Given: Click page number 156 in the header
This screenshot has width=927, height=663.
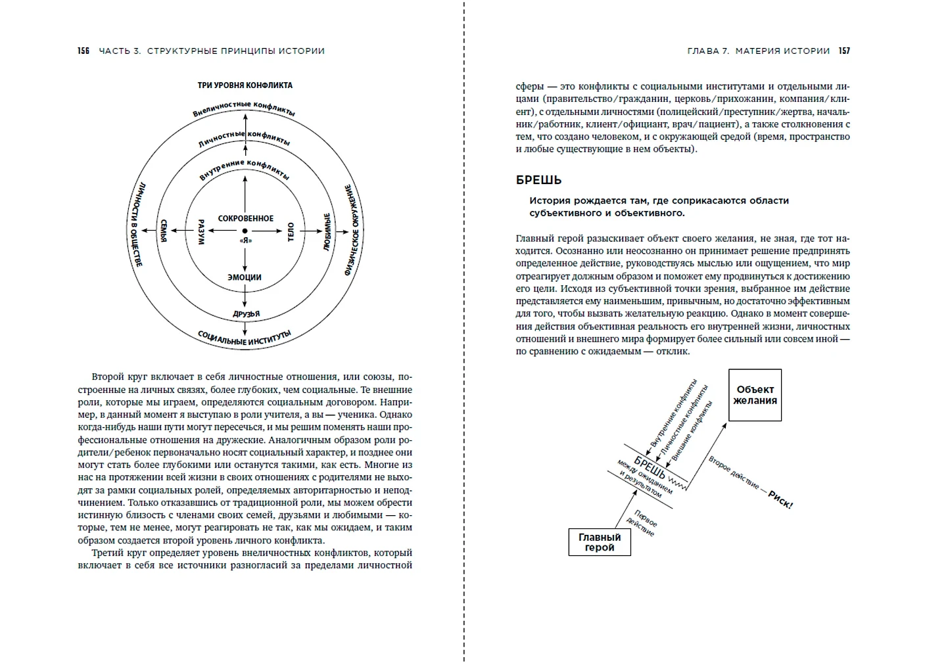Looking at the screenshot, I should point(83,51).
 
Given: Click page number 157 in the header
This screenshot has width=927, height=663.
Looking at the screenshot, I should point(844,51).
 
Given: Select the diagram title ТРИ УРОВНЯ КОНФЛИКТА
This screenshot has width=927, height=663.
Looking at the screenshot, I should point(245,85).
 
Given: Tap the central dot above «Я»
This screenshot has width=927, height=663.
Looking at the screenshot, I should point(245,231).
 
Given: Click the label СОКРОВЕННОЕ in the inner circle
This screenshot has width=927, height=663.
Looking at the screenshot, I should point(245,218).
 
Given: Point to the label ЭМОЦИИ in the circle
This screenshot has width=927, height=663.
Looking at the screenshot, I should point(245,277).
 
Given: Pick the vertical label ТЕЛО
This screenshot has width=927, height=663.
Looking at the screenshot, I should point(290,231).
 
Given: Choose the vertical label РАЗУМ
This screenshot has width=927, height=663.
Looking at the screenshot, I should point(201,231).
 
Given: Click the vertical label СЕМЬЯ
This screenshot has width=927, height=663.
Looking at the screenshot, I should point(164,231).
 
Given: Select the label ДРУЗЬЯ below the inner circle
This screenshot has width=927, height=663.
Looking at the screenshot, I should point(247,314).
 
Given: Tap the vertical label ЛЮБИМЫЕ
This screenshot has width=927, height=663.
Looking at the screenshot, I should point(327,231).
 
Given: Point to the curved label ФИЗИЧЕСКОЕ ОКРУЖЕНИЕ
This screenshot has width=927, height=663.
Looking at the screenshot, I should point(353,230).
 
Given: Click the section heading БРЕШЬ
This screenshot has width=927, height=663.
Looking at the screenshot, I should point(538,180).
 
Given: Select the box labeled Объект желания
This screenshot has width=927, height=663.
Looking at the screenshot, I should point(755,395).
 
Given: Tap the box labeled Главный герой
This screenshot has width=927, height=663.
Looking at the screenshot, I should point(599,542).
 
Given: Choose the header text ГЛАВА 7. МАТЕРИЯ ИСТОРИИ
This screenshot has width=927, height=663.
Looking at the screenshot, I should point(758,51).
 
